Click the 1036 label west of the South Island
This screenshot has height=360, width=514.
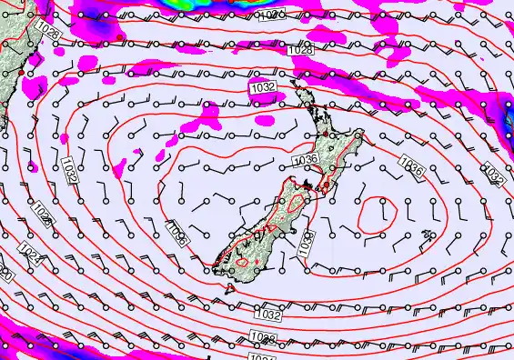tap(176, 235)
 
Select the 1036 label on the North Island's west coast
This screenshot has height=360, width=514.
tap(305, 160)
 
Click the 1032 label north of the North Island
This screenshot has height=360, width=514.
tap(263, 87)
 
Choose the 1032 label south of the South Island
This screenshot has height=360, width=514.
tap(267, 315)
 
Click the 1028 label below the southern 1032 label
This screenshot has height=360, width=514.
tap(262, 338)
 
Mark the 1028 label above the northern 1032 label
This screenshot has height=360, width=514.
tap(301, 51)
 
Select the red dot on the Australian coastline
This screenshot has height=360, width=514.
tap(34, 57)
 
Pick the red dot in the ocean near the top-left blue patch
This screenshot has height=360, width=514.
tap(120, 35)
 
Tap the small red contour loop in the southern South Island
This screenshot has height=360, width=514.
tap(243, 264)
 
